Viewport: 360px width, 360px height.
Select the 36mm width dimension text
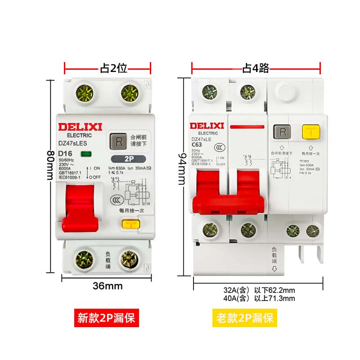coord(108,286)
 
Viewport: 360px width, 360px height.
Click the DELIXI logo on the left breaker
coord(74,126)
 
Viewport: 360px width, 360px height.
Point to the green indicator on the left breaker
coord(85,154)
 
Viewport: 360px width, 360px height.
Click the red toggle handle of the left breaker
coord(79,207)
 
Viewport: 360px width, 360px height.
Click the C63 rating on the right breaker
coord(197,145)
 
